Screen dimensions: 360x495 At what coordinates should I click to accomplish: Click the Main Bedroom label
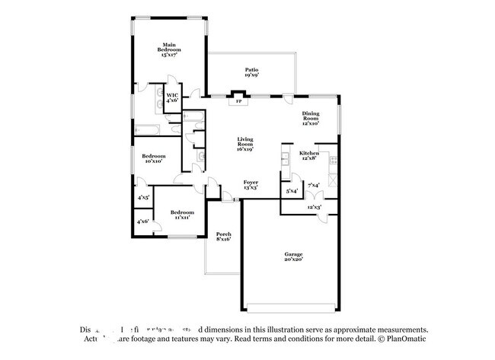(169, 50)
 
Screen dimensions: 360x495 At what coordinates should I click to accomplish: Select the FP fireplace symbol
(239, 100)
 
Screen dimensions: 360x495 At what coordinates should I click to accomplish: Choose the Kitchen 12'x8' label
(308, 155)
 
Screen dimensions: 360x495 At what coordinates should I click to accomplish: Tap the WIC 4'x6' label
(172, 98)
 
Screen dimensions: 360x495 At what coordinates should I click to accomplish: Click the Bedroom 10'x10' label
(154, 158)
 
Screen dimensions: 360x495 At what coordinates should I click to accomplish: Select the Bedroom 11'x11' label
(182, 214)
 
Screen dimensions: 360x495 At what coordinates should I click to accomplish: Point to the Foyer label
(251, 185)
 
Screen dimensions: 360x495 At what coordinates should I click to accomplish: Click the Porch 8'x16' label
(223, 236)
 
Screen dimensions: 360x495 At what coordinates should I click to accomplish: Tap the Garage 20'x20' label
(294, 257)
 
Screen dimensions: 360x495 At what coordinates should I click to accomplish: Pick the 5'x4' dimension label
(292, 191)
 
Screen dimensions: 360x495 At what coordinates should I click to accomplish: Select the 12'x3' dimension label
(314, 207)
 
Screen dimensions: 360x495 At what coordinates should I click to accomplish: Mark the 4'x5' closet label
(142, 197)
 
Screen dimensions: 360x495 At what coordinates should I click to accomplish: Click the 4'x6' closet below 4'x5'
(142, 221)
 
